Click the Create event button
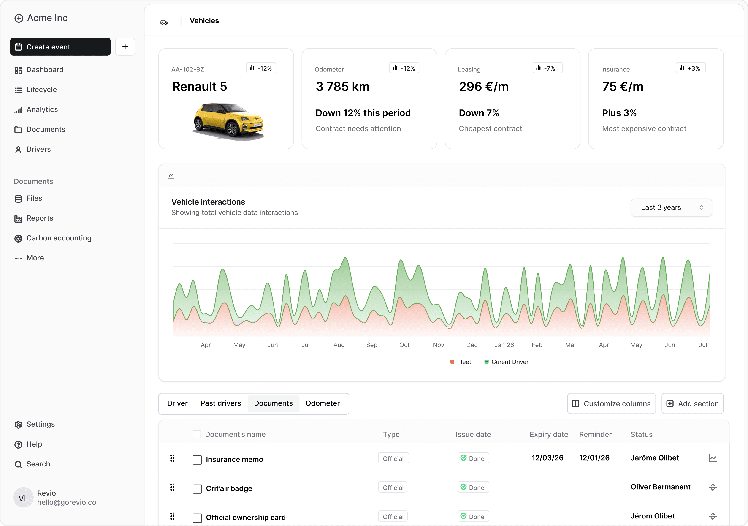(x=60, y=47)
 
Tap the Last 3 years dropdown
(x=671, y=208)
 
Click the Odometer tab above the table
(x=323, y=403)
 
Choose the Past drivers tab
(x=221, y=403)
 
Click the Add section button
(x=692, y=404)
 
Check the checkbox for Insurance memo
(x=197, y=460)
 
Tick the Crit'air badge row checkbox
(x=197, y=489)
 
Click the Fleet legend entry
(x=461, y=362)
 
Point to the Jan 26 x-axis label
(x=504, y=345)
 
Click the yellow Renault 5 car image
(x=228, y=121)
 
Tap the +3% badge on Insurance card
(x=691, y=68)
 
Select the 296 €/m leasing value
(x=484, y=87)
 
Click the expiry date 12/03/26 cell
(x=547, y=458)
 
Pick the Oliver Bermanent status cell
(x=660, y=487)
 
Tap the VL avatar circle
(x=23, y=498)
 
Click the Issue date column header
(x=473, y=434)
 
